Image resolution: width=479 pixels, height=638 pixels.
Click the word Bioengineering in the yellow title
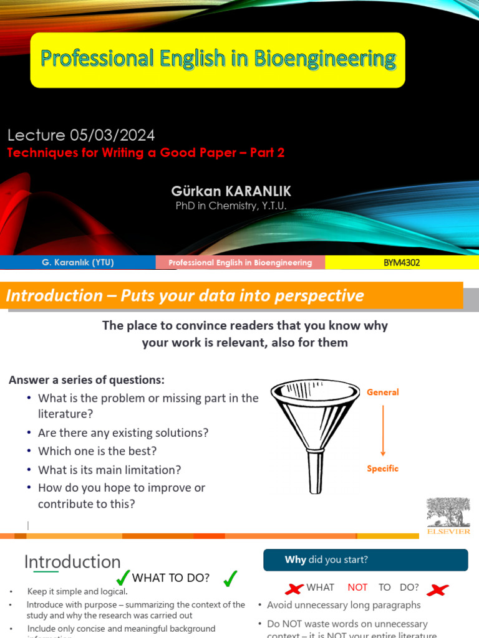click(324, 59)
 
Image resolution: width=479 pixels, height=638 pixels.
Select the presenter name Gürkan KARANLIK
click(231, 191)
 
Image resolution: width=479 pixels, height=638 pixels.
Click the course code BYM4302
click(401, 262)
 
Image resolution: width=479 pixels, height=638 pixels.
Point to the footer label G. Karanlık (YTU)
click(78, 262)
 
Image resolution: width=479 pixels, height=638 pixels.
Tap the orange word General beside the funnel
click(383, 392)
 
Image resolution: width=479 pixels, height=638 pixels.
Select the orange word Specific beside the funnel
click(382, 469)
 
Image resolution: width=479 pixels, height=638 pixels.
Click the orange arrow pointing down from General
click(383, 431)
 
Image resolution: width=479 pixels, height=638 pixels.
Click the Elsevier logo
click(448, 516)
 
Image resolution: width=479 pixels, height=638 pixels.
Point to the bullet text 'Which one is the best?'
click(97, 451)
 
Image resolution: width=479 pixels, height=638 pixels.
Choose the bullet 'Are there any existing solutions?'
click(123, 432)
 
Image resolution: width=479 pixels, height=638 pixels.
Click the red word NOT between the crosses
click(357, 587)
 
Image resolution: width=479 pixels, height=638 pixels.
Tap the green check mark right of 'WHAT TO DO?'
click(230, 579)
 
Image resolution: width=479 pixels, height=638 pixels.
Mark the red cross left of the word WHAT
click(293, 588)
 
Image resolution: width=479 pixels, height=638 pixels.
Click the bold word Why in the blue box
click(295, 559)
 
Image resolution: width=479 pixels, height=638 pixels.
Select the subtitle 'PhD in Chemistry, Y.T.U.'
click(231, 206)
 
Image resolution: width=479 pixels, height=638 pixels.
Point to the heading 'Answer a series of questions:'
click(87, 379)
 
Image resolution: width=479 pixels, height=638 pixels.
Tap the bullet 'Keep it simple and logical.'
click(77, 591)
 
